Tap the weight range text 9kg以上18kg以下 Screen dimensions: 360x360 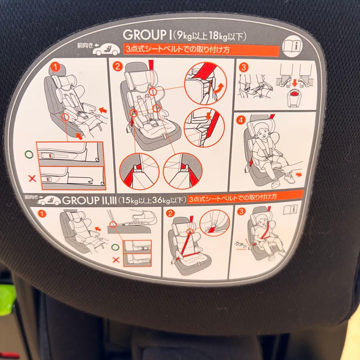tap(209, 36)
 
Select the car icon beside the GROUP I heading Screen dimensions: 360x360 tap(106, 50)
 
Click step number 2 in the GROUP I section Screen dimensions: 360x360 tap(117, 66)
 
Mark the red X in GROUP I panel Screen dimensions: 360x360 tap(32, 178)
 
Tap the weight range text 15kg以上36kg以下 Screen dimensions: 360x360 tap(153, 200)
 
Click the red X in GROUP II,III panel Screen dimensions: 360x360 tap(116, 260)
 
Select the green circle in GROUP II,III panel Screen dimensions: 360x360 tap(115, 247)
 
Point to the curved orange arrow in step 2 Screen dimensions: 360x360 tap(219, 89)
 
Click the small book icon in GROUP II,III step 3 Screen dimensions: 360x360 tap(290, 210)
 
